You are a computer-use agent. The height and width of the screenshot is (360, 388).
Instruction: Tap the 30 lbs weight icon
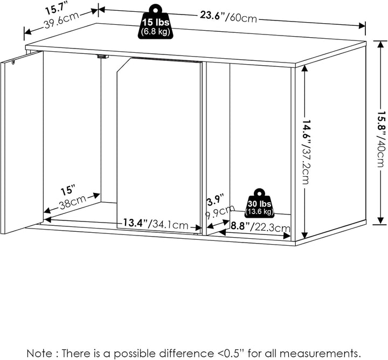pos(260,203)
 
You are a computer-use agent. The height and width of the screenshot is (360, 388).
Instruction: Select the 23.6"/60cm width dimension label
pos(228,17)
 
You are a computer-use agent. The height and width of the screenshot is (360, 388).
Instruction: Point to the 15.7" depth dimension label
pos(57,10)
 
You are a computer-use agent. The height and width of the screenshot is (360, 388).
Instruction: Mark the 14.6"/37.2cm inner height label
pos(306,153)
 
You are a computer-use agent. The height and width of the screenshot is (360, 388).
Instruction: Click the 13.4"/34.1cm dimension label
pos(156,224)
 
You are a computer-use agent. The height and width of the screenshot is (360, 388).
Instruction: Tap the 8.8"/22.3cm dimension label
pos(260,226)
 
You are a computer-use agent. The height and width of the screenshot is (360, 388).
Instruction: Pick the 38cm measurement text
pos(73,202)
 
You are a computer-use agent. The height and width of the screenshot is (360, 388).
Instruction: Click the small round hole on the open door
pos(13,62)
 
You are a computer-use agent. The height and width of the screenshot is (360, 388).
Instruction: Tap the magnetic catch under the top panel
pos(103,57)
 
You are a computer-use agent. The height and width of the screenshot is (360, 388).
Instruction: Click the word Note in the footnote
pos(39,353)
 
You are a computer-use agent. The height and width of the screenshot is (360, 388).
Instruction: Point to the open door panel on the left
pos(22,142)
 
